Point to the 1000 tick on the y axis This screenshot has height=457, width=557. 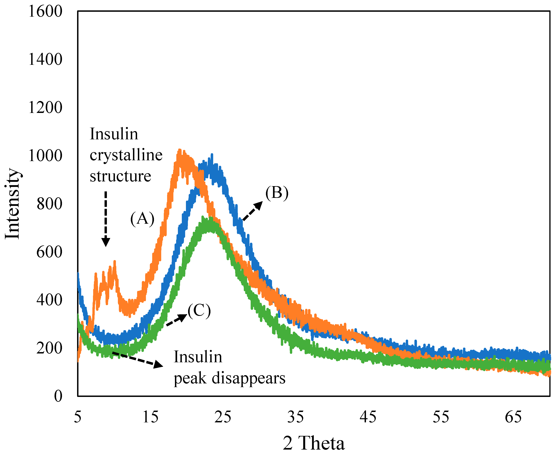45,156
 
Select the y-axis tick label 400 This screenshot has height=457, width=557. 49,300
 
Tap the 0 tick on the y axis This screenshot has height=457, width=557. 58,396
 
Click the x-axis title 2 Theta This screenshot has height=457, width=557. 314,443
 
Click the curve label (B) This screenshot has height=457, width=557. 277,193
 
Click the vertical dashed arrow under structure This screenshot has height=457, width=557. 106,218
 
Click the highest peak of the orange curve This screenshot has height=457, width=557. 180,150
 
